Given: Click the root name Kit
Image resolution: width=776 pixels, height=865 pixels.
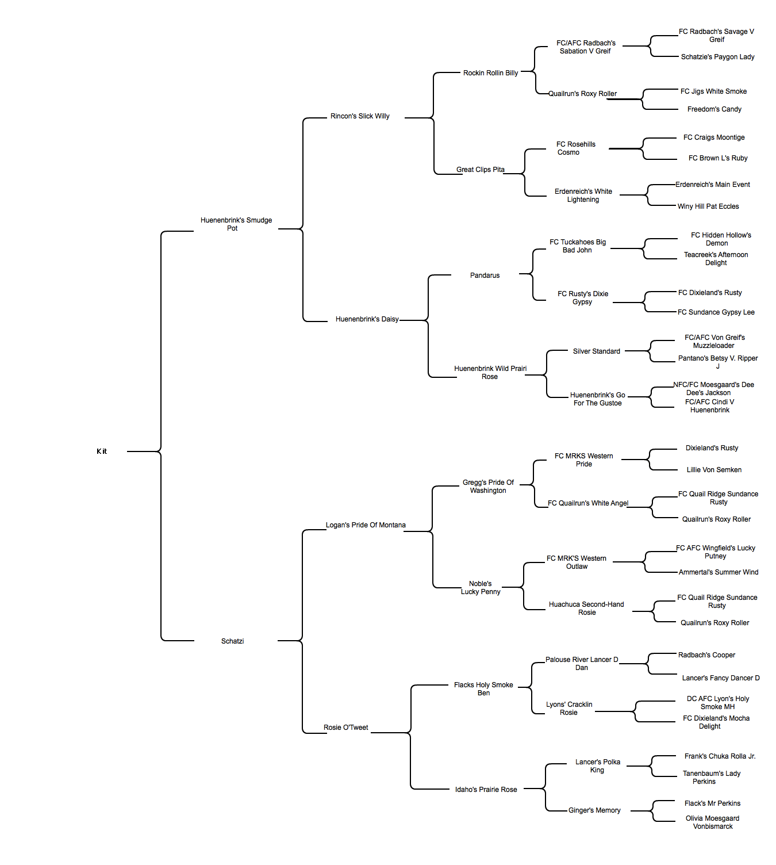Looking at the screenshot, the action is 102,451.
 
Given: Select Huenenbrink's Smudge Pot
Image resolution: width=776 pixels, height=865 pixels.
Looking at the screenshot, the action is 236,224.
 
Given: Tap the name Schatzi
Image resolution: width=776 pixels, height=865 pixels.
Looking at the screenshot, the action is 233,641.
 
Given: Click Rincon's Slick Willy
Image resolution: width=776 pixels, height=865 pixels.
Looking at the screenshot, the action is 360,116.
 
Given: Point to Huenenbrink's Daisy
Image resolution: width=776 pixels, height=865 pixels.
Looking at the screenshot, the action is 367,319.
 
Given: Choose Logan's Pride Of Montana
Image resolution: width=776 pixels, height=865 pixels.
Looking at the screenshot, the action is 366,525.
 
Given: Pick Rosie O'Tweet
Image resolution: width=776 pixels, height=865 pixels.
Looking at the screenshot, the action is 345,728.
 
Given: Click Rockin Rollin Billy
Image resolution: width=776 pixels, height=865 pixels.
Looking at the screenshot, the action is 490,73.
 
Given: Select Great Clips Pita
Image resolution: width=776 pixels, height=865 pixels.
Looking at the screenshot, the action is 480,170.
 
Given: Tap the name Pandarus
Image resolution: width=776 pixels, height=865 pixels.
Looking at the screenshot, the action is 485,275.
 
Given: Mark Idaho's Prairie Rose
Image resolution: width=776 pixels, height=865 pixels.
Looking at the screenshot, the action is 486,790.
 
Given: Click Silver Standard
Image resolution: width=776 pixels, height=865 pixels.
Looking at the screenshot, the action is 596,351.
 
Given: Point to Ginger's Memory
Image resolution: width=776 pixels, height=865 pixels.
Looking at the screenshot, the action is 594,810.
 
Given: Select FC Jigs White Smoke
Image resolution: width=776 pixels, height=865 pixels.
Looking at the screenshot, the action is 714,91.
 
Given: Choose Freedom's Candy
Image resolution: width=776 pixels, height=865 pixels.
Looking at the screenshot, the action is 714,109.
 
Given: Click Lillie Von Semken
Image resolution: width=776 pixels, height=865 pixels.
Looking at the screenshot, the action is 714,470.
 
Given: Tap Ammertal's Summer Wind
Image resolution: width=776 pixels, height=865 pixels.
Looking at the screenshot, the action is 719,572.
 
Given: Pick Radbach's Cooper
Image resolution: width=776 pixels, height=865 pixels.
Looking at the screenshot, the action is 706,655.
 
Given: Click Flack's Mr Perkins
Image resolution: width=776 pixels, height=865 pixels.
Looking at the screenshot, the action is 712,803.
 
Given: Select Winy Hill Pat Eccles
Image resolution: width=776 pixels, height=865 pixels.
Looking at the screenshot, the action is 708,206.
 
